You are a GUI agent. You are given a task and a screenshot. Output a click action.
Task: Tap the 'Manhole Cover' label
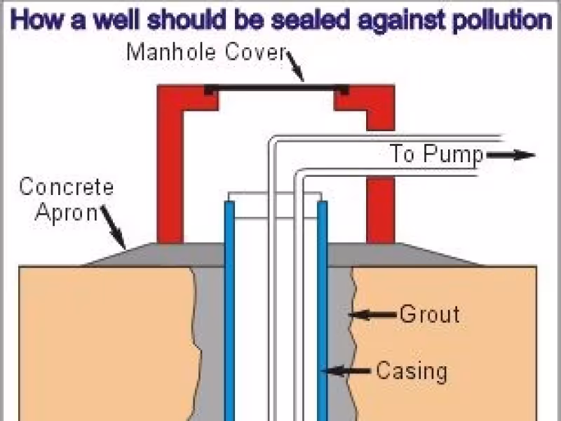pyautogui.click(x=206, y=52)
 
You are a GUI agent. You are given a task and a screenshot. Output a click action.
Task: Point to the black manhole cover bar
pyautogui.click(x=276, y=89)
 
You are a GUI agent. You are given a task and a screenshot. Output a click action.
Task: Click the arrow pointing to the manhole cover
pyautogui.click(x=295, y=69)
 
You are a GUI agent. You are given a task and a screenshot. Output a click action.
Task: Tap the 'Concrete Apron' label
pyautogui.click(x=66, y=199)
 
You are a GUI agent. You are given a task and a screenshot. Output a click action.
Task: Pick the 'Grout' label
pyautogui.click(x=429, y=314)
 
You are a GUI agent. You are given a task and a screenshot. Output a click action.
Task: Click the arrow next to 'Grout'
pyautogui.click(x=372, y=314)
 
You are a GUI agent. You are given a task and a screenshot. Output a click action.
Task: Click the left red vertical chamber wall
pyautogui.click(x=170, y=175)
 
